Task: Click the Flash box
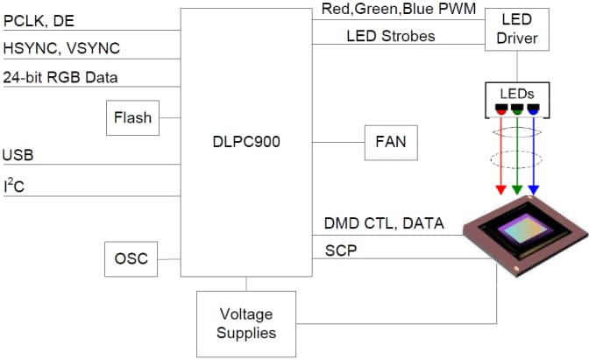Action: pyautogui.click(x=132, y=118)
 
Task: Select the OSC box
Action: pyautogui.click(x=131, y=259)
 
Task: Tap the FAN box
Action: pyautogui.click(x=391, y=141)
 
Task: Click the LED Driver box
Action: pyautogui.click(x=516, y=29)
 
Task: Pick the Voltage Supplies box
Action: pyautogui.click(x=247, y=323)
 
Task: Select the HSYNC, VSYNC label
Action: pyautogui.click(x=61, y=47)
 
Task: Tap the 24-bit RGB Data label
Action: pyautogui.click(x=60, y=77)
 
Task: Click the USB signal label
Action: pyautogui.click(x=18, y=156)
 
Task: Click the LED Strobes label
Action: pyautogui.click(x=391, y=37)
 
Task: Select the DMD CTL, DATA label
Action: pyautogui.click(x=384, y=225)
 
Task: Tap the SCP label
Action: pyautogui.click(x=341, y=251)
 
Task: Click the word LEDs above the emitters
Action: pyautogui.click(x=516, y=93)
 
